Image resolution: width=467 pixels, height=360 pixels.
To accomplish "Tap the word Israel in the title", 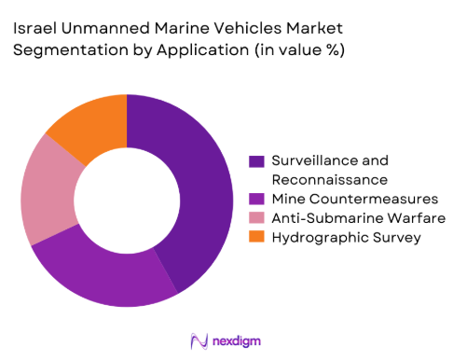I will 34,29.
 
